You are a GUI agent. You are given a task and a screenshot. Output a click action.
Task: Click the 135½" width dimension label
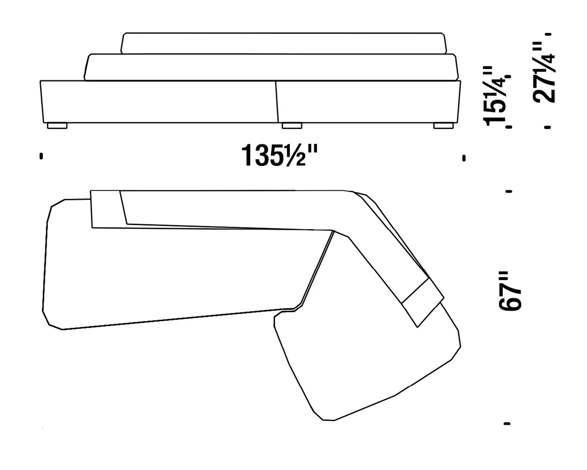click(x=279, y=156)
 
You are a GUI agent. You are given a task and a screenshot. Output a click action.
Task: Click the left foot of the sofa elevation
click(x=57, y=126)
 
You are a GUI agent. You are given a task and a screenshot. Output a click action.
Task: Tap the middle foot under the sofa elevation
click(x=292, y=126)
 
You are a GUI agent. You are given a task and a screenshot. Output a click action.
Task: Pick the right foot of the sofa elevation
click(x=444, y=126)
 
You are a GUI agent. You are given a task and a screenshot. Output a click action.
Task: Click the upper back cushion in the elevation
click(x=284, y=43)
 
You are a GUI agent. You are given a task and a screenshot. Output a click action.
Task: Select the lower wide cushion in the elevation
click(x=271, y=67)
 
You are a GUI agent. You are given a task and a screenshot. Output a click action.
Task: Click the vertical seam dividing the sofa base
click(x=277, y=102)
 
